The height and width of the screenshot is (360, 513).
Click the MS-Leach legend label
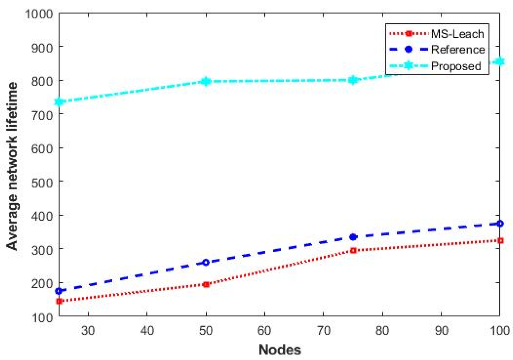(x=457, y=34)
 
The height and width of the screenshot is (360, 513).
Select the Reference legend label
(x=458, y=50)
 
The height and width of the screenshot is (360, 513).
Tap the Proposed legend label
(x=456, y=66)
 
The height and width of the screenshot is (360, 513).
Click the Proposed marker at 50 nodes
(x=206, y=81)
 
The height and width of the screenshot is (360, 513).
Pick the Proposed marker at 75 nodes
(x=353, y=80)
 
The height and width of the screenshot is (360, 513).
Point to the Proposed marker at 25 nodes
(x=59, y=102)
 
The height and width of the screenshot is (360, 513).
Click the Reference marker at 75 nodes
(x=353, y=237)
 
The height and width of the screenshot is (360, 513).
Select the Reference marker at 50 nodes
(x=206, y=262)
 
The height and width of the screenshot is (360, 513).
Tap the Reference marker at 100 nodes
(x=500, y=223)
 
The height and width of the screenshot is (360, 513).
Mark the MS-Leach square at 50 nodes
(x=206, y=285)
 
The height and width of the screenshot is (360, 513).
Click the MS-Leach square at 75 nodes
(x=353, y=250)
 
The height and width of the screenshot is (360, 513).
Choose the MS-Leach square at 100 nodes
(x=500, y=241)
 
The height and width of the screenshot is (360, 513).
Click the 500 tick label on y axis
(x=42, y=182)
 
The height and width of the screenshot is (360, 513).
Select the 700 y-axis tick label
(x=42, y=115)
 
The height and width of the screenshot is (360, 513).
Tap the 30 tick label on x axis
(x=88, y=331)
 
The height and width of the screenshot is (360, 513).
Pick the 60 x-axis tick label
(x=264, y=331)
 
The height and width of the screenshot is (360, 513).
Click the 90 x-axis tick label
(x=441, y=331)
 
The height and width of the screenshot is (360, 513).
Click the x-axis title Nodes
(x=280, y=350)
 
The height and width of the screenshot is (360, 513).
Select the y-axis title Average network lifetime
(x=12, y=166)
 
